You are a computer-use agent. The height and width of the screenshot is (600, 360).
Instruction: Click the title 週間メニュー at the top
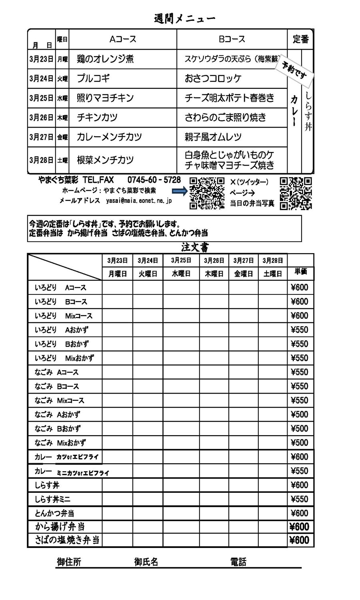(x=184, y=18)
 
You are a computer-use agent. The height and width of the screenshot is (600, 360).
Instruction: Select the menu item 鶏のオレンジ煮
(x=105, y=59)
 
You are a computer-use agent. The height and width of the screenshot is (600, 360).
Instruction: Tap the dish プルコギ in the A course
(x=93, y=78)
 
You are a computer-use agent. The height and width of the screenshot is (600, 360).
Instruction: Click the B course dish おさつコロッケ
(x=213, y=78)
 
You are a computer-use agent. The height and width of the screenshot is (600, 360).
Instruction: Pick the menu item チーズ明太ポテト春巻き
(x=229, y=98)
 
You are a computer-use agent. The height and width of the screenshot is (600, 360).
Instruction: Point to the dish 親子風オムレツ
(x=213, y=137)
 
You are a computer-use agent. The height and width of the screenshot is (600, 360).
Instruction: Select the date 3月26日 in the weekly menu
(x=41, y=118)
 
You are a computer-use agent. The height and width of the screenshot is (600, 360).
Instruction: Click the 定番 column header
(x=300, y=39)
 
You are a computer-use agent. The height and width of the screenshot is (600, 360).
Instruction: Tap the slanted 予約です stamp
(x=294, y=70)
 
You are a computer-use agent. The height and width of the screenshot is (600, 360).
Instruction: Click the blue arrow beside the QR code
(x=180, y=192)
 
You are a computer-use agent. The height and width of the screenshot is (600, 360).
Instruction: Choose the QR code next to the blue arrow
(x=207, y=193)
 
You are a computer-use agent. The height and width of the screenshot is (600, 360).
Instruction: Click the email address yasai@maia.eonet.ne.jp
(x=139, y=201)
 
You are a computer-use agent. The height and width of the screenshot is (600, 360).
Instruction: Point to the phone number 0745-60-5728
(x=154, y=180)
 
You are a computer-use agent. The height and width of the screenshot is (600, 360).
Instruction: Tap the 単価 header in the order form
(x=300, y=272)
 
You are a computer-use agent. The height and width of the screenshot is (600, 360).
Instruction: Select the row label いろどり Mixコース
(x=63, y=316)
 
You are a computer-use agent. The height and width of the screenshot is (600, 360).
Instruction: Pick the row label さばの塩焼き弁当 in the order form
(x=67, y=540)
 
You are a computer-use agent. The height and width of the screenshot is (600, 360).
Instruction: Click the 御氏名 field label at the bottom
(x=146, y=562)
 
